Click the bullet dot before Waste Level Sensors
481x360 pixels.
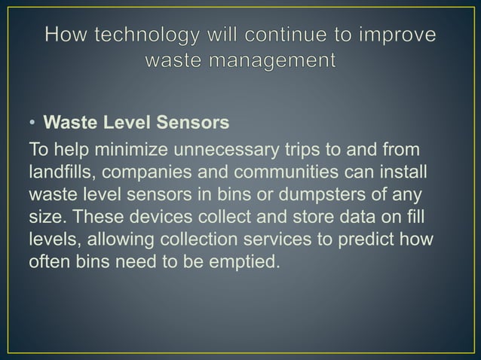pos(34,122)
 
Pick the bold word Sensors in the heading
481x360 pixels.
pos(193,122)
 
